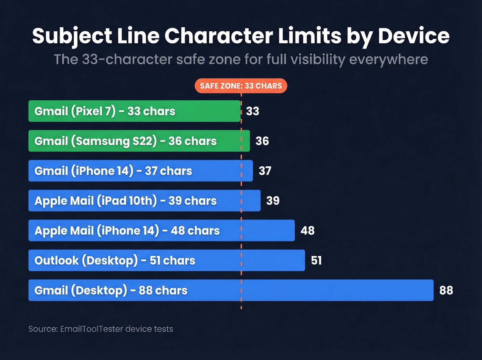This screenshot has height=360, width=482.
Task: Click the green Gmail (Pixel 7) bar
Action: click(134, 111)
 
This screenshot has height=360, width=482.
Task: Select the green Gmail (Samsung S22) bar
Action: click(139, 141)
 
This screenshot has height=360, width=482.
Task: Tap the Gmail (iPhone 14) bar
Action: click(140, 171)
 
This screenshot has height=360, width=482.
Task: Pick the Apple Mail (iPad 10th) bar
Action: click(144, 200)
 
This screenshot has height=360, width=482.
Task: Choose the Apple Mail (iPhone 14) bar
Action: click(161, 230)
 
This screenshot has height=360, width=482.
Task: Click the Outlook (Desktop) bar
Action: click(167, 260)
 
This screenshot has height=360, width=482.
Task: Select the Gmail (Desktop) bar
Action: click(231, 290)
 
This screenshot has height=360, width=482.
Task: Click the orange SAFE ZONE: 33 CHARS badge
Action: click(241, 86)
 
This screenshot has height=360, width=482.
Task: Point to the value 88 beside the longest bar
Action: click(446, 290)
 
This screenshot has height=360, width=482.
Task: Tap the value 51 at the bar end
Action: click(316, 260)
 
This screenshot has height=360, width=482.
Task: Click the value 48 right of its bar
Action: click(307, 230)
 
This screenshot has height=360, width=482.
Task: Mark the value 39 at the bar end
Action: click(273, 200)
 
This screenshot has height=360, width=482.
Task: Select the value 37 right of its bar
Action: click(265, 171)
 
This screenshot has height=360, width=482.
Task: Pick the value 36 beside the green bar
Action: click(262, 141)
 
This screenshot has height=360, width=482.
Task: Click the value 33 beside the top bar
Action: click(252, 111)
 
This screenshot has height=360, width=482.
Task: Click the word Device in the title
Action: click(413, 36)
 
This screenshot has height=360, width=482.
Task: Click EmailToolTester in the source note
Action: click(91, 329)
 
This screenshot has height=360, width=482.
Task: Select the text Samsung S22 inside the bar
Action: click(114, 141)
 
